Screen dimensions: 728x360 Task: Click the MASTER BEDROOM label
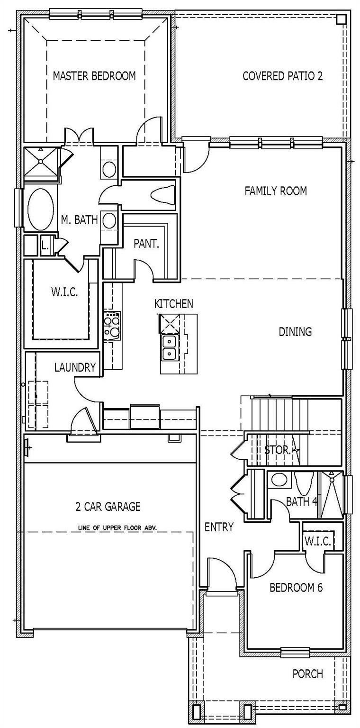(94, 76)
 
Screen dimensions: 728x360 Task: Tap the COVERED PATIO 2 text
(282, 76)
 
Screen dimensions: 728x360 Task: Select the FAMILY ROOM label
(275, 191)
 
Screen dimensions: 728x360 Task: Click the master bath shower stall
(41, 161)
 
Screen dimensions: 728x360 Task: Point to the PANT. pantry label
(146, 244)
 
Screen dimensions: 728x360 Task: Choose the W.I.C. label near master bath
(64, 291)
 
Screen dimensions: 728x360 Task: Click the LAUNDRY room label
(75, 367)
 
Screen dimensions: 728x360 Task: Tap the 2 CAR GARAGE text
(108, 507)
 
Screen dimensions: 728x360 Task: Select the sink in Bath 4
(279, 480)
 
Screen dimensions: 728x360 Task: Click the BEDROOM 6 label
(296, 588)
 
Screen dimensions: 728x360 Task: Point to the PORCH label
(307, 673)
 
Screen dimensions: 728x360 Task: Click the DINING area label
(295, 331)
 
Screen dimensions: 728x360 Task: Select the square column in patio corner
(341, 19)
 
